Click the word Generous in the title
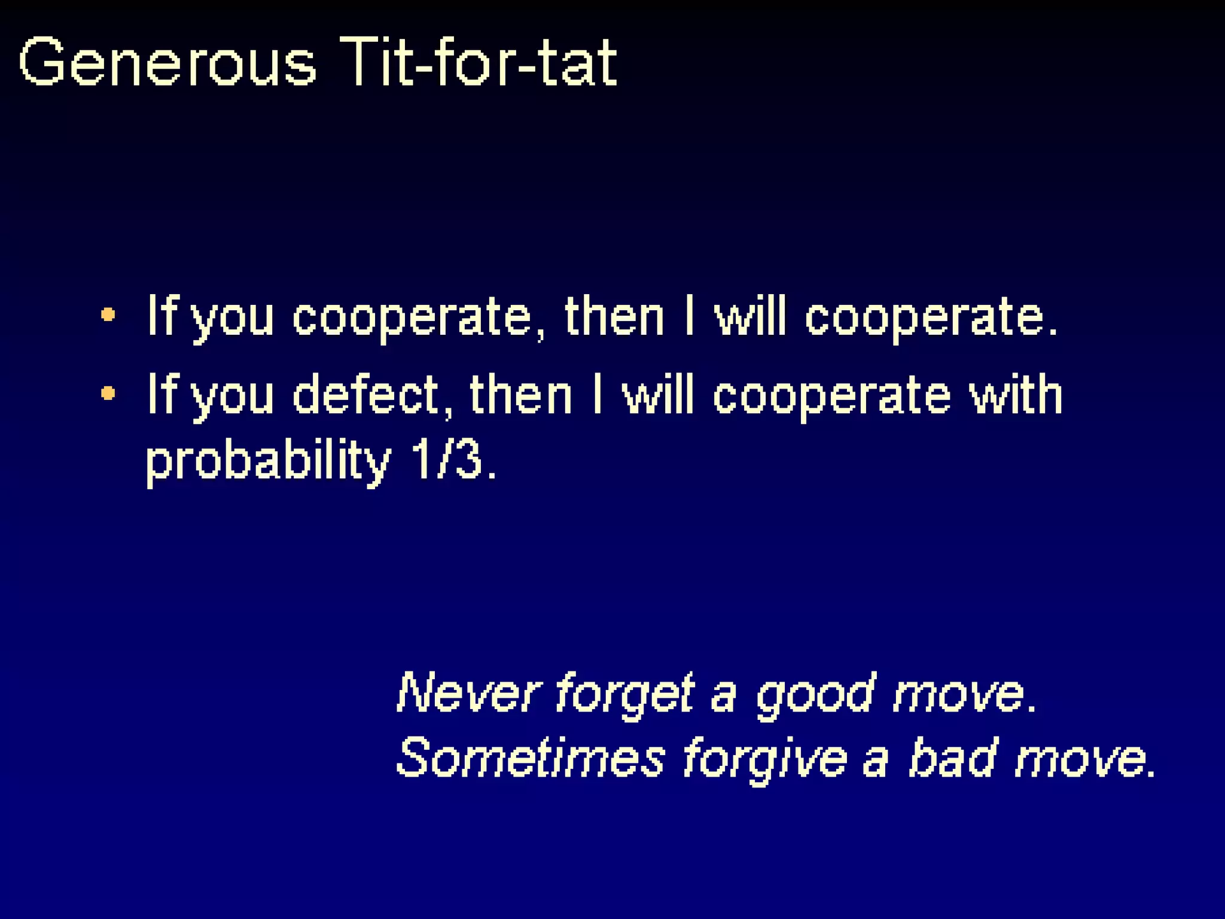point(167,63)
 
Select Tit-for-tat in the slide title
point(479,63)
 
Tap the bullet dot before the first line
point(108,315)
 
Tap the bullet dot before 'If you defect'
point(108,393)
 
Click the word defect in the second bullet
point(366,395)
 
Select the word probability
point(268,462)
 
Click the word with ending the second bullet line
point(1016,395)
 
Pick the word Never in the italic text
point(469,694)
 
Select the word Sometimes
point(530,758)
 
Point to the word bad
point(953,758)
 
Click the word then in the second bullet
point(520,395)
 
